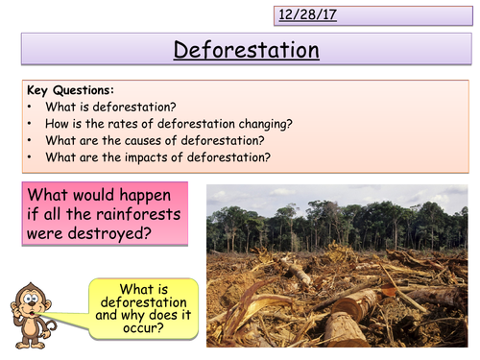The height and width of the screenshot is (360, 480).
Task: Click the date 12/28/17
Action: click(308, 15)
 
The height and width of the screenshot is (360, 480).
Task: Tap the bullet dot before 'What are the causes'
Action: click(32, 141)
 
